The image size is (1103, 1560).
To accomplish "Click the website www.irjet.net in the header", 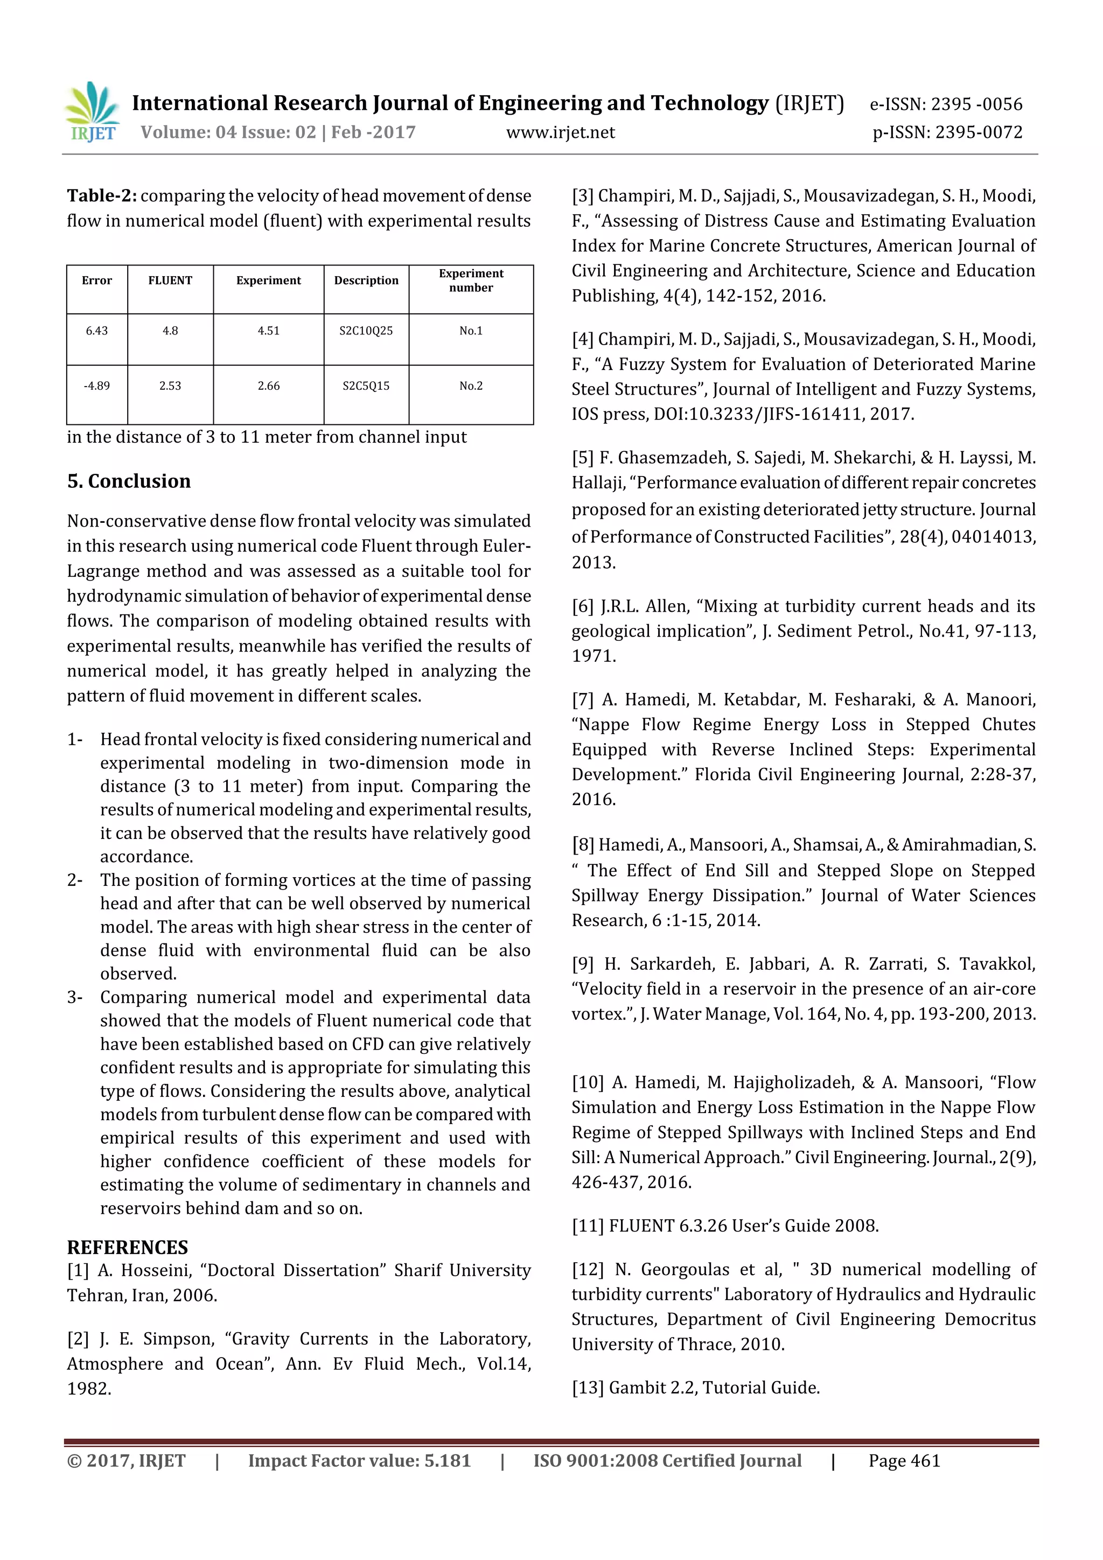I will [x=560, y=132].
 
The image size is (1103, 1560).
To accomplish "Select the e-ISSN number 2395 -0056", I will [x=976, y=104].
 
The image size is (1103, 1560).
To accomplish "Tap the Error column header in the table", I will [x=96, y=281].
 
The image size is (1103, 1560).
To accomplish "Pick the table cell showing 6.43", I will [x=96, y=331].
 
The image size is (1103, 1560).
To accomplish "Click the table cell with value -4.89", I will [x=96, y=386].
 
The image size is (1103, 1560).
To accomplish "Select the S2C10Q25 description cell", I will [x=366, y=331].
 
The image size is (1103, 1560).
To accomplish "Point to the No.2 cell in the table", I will [x=470, y=386].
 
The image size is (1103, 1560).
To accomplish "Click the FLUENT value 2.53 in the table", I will [x=170, y=386].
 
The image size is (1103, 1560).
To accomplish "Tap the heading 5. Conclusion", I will [x=128, y=481].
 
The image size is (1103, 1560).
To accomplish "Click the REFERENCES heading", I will [x=127, y=1248].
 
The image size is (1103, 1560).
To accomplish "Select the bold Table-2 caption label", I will [x=101, y=195].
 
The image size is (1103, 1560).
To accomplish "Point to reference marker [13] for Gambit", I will [x=587, y=1388].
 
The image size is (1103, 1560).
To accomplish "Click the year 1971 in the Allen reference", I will [x=594, y=656].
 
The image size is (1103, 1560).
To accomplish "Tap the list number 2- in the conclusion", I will [x=75, y=880].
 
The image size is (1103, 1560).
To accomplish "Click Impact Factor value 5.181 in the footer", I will [x=359, y=1461].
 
